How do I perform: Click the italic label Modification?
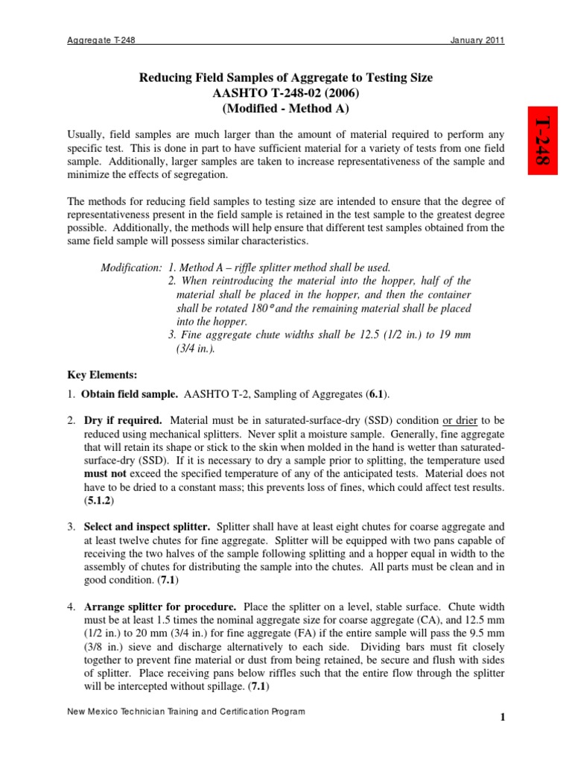click(131, 267)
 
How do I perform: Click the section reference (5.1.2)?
click(98, 500)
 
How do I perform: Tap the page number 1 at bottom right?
click(503, 718)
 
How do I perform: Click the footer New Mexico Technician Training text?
click(186, 712)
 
